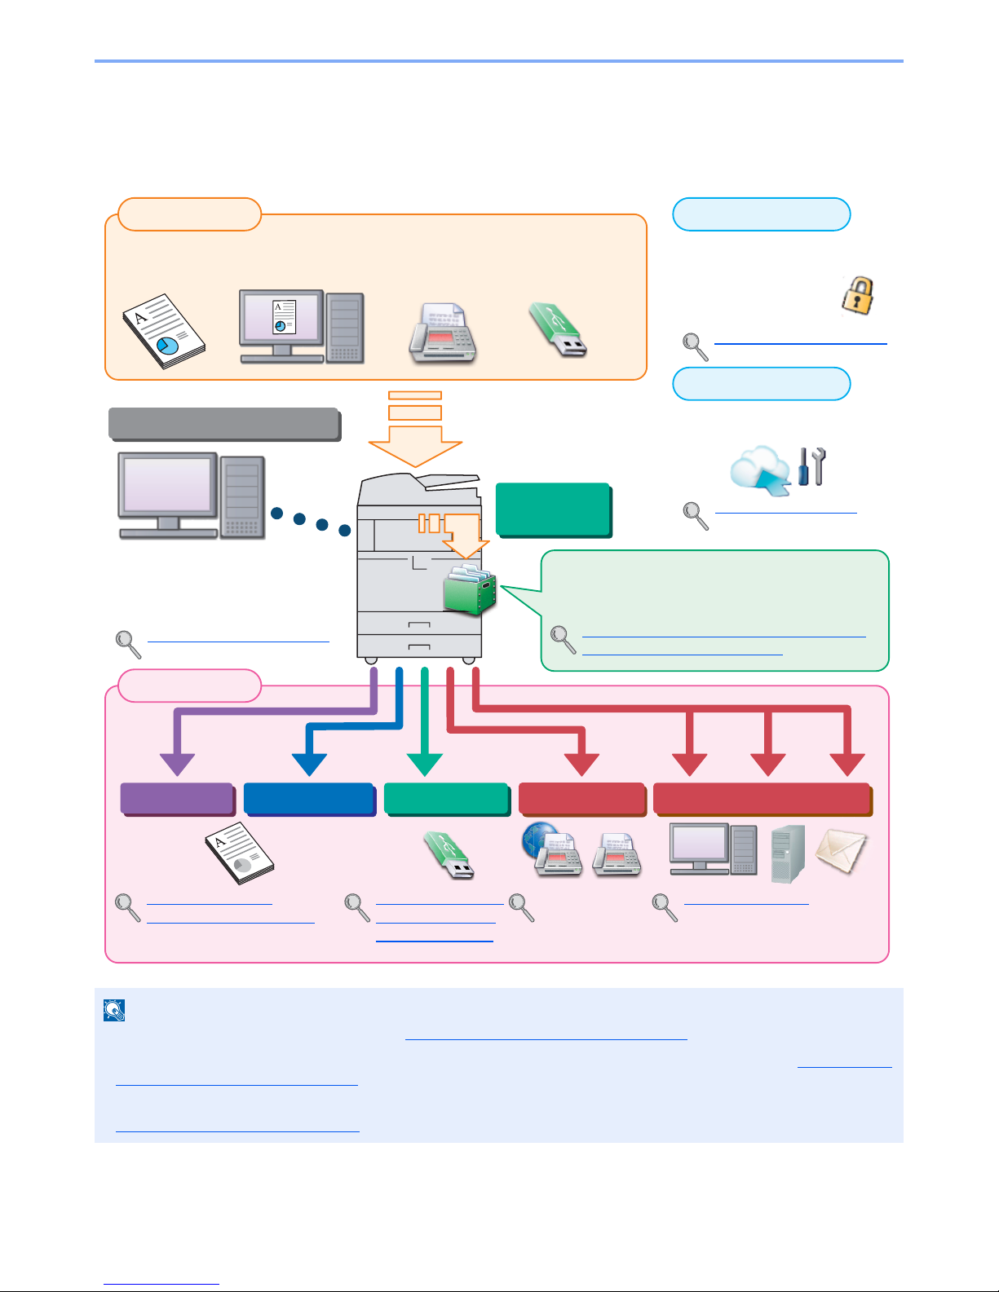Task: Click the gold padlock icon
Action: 857,296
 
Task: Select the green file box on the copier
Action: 470,590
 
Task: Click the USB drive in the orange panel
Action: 558,331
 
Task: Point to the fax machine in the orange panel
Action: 442,333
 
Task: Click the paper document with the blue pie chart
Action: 164,331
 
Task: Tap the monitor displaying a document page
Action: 282,326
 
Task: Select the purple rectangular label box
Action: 177,799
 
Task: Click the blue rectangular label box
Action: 310,799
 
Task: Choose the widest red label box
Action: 763,799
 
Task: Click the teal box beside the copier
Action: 553,510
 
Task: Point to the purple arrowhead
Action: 177,765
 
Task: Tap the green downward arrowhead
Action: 425,765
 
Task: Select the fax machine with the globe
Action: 552,849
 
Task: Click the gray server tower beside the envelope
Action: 788,853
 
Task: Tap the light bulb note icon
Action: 114,1010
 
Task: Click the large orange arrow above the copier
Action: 415,430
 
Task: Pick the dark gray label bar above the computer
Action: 225,425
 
